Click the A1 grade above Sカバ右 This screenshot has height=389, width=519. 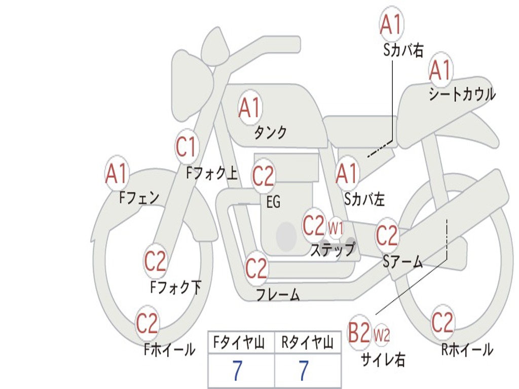(x=391, y=24)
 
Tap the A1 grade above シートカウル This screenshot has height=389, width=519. (x=440, y=70)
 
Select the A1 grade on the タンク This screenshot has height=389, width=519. (x=249, y=107)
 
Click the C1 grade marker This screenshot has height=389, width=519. (x=186, y=147)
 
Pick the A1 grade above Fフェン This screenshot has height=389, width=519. (x=117, y=174)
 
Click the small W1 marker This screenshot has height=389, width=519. (x=336, y=228)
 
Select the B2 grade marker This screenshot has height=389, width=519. (x=359, y=333)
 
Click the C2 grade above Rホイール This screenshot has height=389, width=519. (x=442, y=322)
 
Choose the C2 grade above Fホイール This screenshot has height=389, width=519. (x=147, y=324)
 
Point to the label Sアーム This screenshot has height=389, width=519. (x=403, y=261)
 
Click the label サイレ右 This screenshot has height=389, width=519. (x=383, y=360)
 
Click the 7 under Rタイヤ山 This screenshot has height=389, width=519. (x=303, y=371)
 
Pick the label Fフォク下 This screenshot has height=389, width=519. (x=175, y=288)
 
